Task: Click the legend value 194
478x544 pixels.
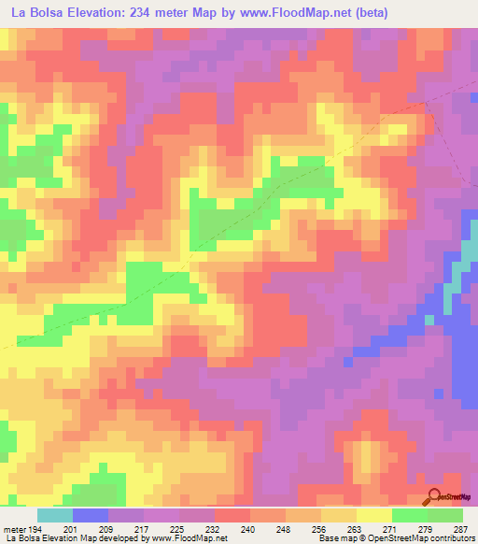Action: coord(35,528)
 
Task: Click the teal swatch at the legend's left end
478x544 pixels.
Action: coord(55,515)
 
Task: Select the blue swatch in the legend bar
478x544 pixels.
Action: coord(91,515)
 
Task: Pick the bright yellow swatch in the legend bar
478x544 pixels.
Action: coord(374,515)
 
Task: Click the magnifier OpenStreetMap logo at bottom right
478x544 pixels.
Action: coord(435,497)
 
